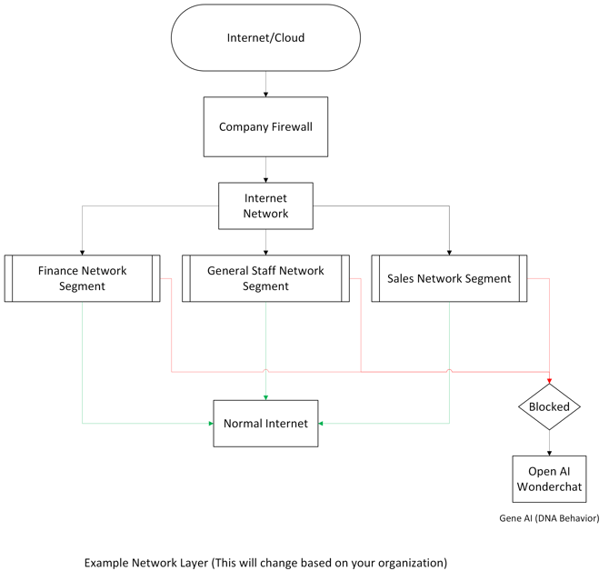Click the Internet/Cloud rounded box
point(266,38)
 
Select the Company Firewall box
point(265,126)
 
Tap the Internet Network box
point(265,205)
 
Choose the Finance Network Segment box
point(82,278)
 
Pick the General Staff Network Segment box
point(265,278)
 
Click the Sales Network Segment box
point(449,278)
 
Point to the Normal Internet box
point(265,423)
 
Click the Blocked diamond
point(549,406)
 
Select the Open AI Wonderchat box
point(549,478)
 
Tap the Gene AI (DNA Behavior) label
point(549,517)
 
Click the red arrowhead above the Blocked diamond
point(549,380)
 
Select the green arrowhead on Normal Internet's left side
point(209,423)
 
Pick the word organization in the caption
point(410,563)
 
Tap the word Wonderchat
point(549,487)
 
